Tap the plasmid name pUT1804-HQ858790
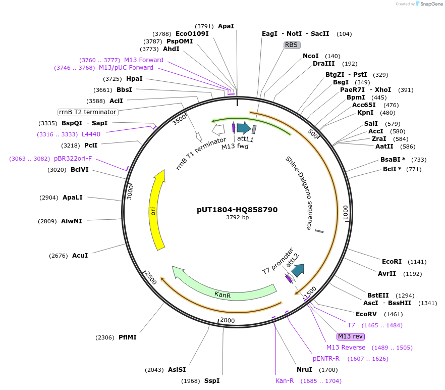point(237,210)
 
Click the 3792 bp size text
point(237,218)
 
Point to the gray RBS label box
point(292,45)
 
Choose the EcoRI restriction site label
point(392,262)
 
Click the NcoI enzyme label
point(311,56)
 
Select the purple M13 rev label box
point(351,336)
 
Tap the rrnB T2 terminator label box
point(88,112)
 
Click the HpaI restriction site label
point(134,79)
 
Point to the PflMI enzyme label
point(128,337)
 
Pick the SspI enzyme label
point(212,381)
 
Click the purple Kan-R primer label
point(285,381)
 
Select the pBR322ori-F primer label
point(73,159)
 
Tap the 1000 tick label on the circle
point(345,213)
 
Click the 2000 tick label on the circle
point(228,320)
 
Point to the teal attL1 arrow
point(244,128)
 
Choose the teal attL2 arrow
point(298,270)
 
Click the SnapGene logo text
point(430,4)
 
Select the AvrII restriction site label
point(387,274)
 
